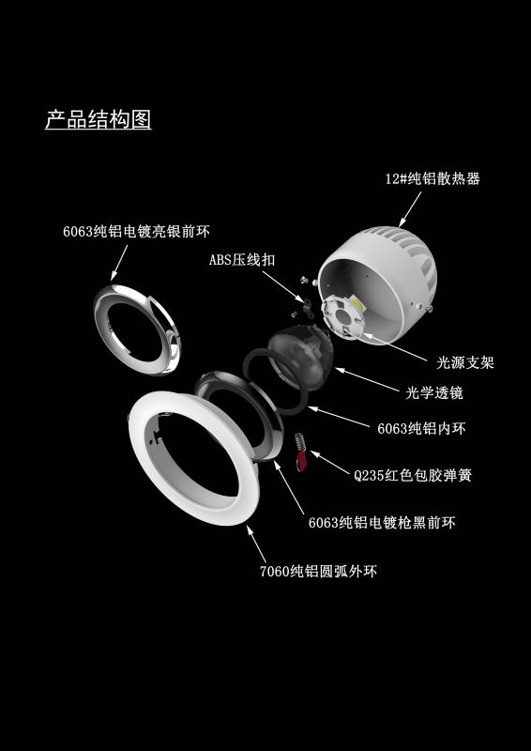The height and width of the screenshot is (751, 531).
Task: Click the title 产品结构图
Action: pyautogui.click(x=99, y=119)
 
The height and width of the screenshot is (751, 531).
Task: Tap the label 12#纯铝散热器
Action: pyautogui.click(x=432, y=179)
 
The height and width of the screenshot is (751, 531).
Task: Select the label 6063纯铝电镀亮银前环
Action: pyautogui.click(x=136, y=232)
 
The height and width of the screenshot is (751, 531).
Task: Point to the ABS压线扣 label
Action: pyautogui.click(x=242, y=260)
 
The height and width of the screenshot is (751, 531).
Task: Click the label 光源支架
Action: pyautogui.click(x=465, y=362)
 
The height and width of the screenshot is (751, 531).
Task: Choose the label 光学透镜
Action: pyautogui.click(x=434, y=393)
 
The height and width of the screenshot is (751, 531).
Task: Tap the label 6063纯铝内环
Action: pyautogui.click(x=421, y=428)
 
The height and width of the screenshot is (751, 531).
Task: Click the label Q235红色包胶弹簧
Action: pyautogui.click(x=413, y=476)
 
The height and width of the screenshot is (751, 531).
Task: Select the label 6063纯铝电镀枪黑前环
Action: pyautogui.click(x=382, y=523)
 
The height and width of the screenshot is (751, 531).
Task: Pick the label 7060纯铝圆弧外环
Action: pyautogui.click(x=318, y=572)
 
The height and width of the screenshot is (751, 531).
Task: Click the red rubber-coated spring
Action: pyautogui.click(x=300, y=453)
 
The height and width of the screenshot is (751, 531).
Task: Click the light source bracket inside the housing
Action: pyautogui.click(x=342, y=317)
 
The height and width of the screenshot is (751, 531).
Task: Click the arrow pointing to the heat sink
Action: pyautogui.click(x=410, y=208)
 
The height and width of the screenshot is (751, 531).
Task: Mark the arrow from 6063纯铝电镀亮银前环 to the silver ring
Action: pyautogui.click(x=120, y=263)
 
